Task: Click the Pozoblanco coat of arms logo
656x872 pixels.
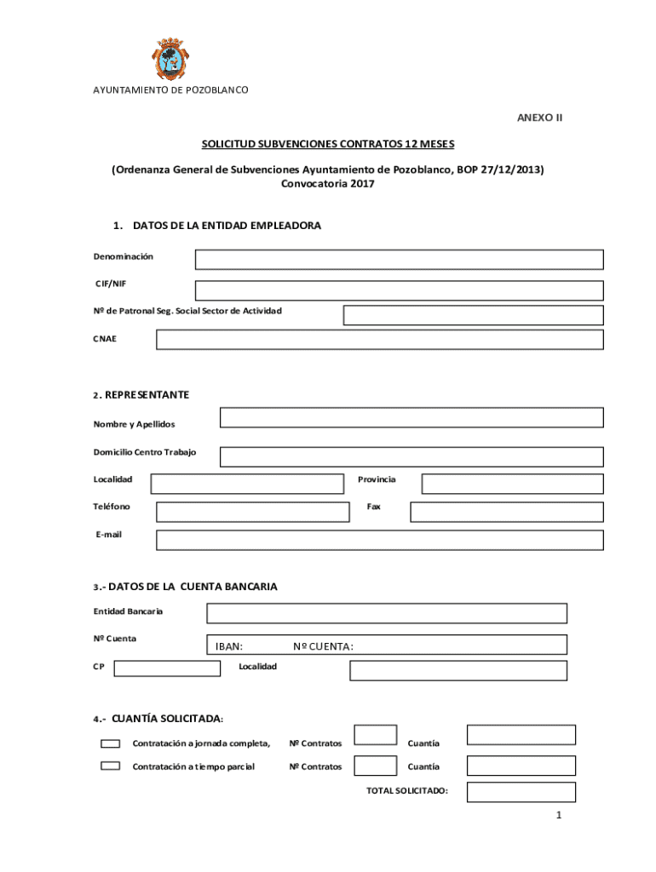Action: click(171, 59)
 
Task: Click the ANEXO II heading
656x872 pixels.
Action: click(539, 118)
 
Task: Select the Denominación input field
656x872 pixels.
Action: click(399, 260)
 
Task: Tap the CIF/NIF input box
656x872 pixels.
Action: click(399, 290)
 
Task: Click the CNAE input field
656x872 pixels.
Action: click(379, 340)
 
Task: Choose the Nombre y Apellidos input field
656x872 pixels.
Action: click(411, 417)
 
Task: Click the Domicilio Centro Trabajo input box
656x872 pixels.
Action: click(411, 456)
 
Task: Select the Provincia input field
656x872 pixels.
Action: click(512, 484)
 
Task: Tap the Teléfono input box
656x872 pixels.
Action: click(253, 512)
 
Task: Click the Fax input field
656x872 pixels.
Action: click(506, 512)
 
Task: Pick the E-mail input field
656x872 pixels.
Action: click(379, 540)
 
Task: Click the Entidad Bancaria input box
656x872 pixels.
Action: click(386, 613)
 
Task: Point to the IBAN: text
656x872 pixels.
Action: click(229, 646)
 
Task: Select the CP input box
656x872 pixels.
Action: click(167, 668)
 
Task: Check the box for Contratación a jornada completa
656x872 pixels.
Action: click(110, 743)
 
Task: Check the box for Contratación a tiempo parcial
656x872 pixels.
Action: click(110, 766)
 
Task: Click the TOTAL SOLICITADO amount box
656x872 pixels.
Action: click(521, 792)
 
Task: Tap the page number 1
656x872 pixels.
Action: click(558, 816)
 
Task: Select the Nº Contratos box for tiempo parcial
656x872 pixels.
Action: click(375, 766)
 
